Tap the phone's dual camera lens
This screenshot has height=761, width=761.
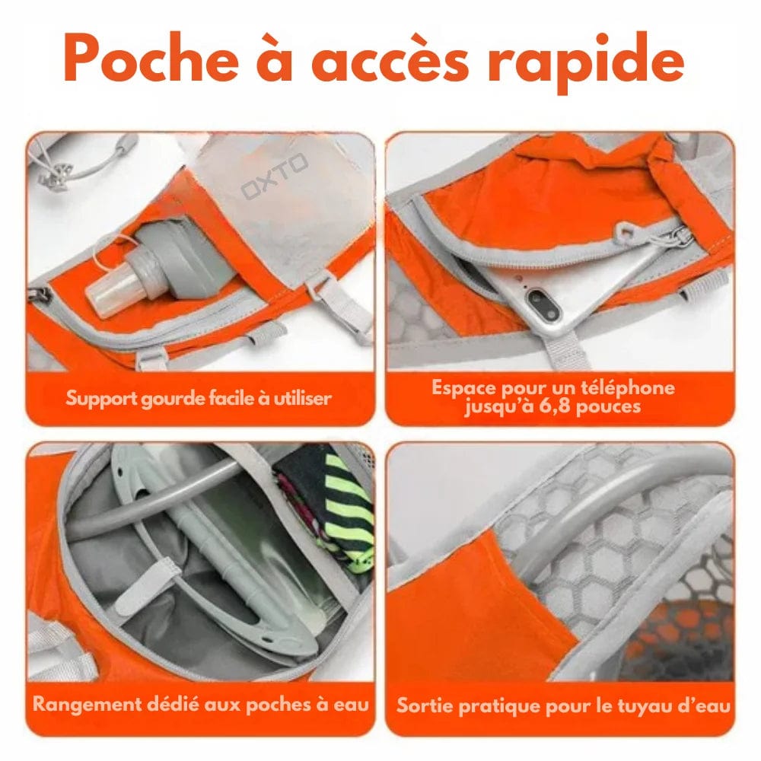(545, 304)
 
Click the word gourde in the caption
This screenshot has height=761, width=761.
(174, 398)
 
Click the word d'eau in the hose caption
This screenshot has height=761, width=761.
(707, 705)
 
